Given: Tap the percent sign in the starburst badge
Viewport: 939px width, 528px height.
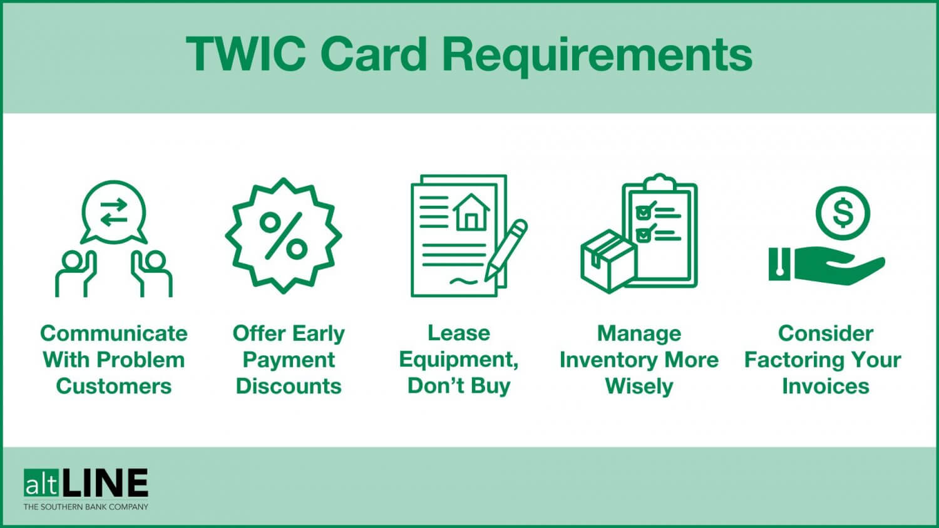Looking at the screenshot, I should click(x=284, y=236).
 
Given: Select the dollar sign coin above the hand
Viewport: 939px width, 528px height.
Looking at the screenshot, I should click(x=843, y=213).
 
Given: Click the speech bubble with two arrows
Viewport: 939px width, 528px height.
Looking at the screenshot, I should click(x=114, y=211).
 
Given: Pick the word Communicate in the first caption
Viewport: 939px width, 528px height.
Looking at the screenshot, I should click(x=114, y=333).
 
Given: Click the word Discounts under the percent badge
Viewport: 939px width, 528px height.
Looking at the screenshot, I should click(x=289, y=386).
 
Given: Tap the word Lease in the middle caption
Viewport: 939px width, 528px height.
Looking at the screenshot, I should click(x=458, y=333).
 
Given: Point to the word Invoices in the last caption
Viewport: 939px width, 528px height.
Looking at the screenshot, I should click(x=825, y=386).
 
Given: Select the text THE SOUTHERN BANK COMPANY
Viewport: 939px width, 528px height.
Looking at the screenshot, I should click(x=86, y=507).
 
